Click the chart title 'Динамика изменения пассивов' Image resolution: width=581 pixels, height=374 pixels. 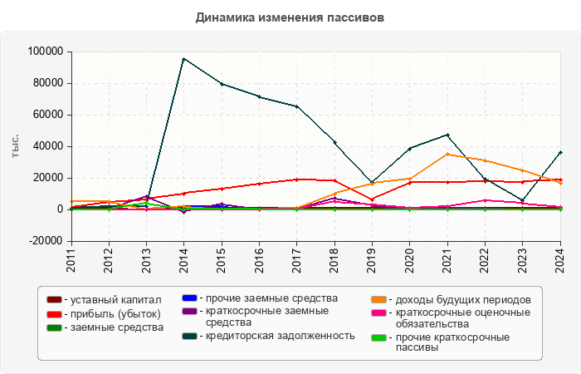[290, 17]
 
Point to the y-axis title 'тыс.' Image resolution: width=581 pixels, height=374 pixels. [16, 145]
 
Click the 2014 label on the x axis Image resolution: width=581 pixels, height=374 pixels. [184, 260]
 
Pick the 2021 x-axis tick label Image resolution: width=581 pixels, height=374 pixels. [447, 260]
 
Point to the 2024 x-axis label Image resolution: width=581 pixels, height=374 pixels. [560, 260]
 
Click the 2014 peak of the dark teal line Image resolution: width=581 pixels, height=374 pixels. [183, 59]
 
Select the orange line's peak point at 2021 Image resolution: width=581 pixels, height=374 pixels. [447, 154]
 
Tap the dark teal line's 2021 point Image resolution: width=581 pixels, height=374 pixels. [447, 135]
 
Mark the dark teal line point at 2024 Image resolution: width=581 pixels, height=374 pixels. [560, 152]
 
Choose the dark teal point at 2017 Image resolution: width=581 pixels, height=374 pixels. [296, 106]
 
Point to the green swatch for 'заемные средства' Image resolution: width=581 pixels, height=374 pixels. [54, 327]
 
